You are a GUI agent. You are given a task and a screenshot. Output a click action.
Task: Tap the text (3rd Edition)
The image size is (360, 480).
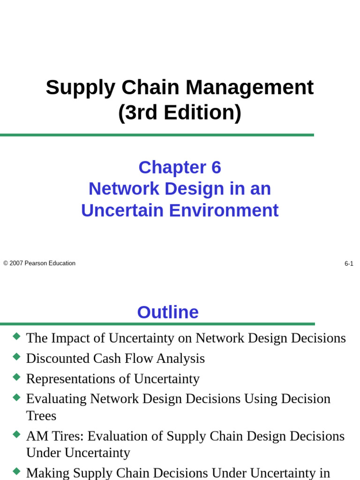(180, 112)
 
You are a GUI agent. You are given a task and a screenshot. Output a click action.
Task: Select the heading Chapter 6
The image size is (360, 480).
(180, 167)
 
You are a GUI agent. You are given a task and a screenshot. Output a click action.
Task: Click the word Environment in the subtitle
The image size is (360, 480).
(224, 210)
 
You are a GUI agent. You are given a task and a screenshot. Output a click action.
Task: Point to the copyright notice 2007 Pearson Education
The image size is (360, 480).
(39, 263)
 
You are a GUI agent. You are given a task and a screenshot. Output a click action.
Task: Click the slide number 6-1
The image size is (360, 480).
(349, 264)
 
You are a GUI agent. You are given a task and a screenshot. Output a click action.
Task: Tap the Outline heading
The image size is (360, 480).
(168, 312)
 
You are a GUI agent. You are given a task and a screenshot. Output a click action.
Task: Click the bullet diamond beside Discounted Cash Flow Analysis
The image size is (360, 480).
(17, 357)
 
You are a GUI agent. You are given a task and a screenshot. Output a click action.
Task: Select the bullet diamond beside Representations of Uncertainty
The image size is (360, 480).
(17, 377)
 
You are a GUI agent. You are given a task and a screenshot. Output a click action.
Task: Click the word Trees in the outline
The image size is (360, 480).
(41, 416)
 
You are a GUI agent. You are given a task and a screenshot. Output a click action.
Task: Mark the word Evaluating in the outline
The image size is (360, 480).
(56, 399)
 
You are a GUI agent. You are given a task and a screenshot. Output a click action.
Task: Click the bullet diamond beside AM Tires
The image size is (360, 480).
(17, 434)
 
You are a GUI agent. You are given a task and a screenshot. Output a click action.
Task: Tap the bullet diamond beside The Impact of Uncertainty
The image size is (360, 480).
(17, 336)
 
